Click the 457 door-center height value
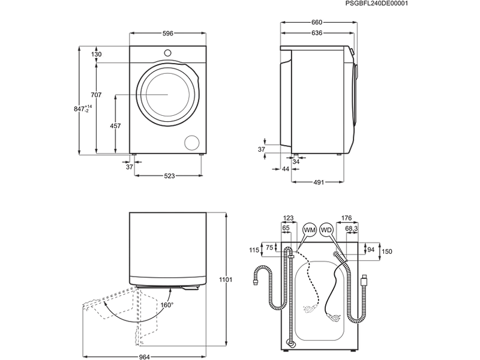pos(115,126)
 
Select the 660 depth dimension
pos(317,23)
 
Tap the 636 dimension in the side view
pos(317,33)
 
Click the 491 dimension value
pos(318,182)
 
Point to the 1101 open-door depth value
pos(226,280)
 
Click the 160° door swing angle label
pos(167,305)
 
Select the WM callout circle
pos(310,230)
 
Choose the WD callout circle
pos(326,230)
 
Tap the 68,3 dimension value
pos(352,229)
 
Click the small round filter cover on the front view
pos(191,142)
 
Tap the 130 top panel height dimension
pos(97,55)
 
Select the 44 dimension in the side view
pos(286,169)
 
